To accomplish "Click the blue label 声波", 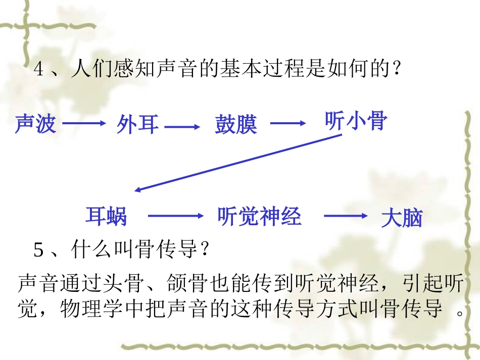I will [x=35, y=124].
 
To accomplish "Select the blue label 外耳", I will [x=138, y=124].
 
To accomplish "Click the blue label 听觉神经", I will [x=259, y=216].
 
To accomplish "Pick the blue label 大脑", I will [x=402, y=218].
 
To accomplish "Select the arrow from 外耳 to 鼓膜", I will [x=182, y=127].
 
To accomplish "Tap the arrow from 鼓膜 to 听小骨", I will [x=288, y=123].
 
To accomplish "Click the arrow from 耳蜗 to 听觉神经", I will [x=179, y=216].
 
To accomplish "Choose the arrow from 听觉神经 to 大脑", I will [x=346, y=216].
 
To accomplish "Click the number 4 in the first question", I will [x=39, y=69].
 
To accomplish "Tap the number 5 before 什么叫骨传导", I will [x=39, y=249].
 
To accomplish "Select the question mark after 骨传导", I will [x=205, y=249].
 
